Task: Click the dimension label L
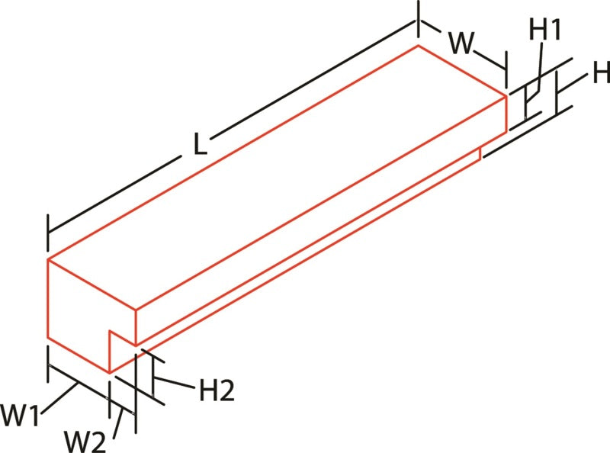tap(199, 144)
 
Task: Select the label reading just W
tap(462, 43)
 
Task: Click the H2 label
tap(217, 391)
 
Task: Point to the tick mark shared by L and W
tap(419, 18)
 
